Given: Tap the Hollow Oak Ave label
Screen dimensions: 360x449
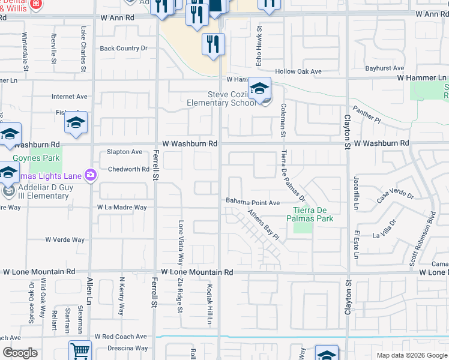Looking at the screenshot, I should coord(298,72).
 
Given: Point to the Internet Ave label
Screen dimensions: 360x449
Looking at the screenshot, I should coord(70,97).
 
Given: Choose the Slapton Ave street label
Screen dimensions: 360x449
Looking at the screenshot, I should coord(124,152).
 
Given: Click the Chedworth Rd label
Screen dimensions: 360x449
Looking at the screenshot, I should coord(128,170).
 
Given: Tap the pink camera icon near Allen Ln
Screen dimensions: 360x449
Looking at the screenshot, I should coord(91,175).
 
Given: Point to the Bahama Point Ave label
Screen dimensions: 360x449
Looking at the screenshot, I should coord(253,203).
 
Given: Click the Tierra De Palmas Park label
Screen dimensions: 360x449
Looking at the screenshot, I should coord(313,214).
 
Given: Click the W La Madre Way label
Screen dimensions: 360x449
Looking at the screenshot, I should coord(122,208).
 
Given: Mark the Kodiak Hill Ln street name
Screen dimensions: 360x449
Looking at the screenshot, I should coord(210,304).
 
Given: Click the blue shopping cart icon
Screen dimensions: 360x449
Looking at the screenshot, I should coord(80,350).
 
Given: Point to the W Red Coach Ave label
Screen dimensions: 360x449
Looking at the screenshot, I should coord(120,337).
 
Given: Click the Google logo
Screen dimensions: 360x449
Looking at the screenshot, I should coord(20,353).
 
